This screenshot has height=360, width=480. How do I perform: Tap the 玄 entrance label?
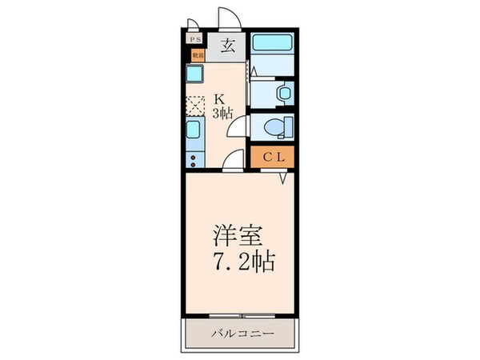click(x=226, y=46)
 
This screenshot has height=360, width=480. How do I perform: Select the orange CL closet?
click(x=272, y=158)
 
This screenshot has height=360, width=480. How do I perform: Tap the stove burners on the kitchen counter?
click(x=196, y=153)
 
